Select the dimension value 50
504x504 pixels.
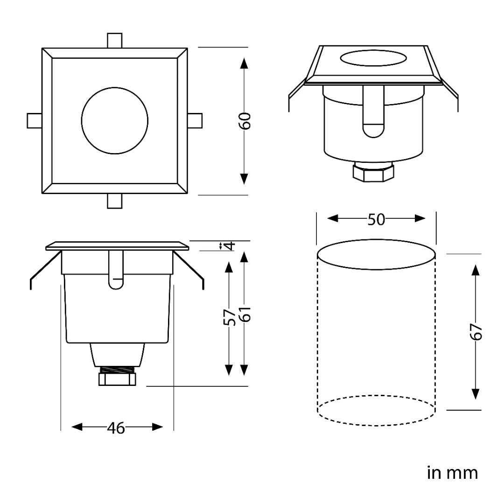pos(376,219)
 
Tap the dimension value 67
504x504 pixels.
pos(476,332)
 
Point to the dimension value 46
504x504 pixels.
pos(116,427)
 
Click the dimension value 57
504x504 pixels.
pos(228,317)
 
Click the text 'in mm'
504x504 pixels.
pos(452,473)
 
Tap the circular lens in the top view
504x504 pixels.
pos(115,120)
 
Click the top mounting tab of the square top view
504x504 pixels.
pos(114,40)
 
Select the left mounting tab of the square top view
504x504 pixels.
pos(35,120)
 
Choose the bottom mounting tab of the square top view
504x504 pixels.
pos(114,201)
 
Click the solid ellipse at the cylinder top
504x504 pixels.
pos(376,254)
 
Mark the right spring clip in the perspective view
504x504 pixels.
pos(451,96)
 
